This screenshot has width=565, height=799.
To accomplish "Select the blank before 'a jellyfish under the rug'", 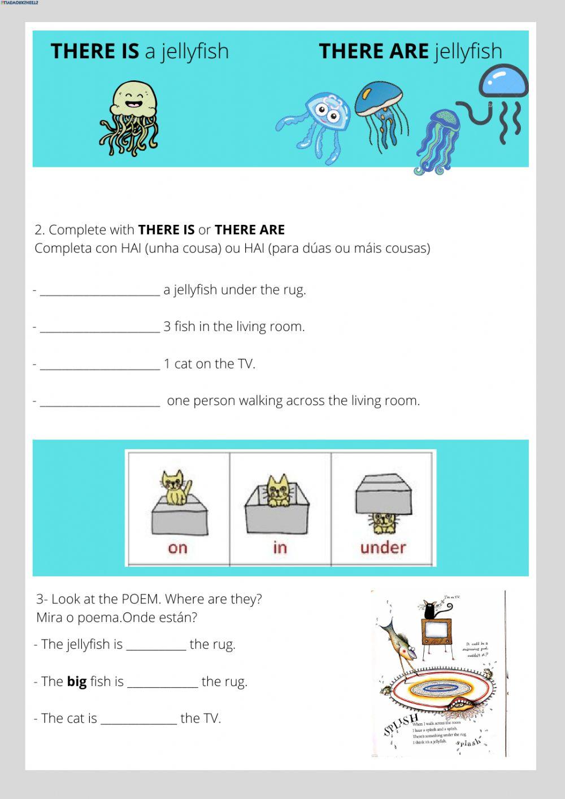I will point(100,290).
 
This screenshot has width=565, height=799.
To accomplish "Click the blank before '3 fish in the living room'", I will point(100,327).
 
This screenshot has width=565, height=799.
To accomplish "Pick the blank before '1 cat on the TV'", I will point(100,364).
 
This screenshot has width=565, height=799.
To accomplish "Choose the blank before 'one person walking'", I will point(100,401).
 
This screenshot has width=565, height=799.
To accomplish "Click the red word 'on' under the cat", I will point(177,548).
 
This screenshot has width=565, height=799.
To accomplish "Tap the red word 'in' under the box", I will point(280,548).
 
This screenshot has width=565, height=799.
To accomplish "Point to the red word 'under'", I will point(383,548).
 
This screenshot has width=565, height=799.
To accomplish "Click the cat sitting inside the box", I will point(277,490).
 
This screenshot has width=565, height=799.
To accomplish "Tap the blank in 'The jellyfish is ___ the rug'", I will point(156,645).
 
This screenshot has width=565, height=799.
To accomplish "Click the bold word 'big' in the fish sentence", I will point(76,681).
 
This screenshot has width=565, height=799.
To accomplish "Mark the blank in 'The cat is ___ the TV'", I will point(138,719).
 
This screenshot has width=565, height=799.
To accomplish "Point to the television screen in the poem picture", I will point(436,631).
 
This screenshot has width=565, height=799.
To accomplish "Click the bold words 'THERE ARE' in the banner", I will point(373,51).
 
